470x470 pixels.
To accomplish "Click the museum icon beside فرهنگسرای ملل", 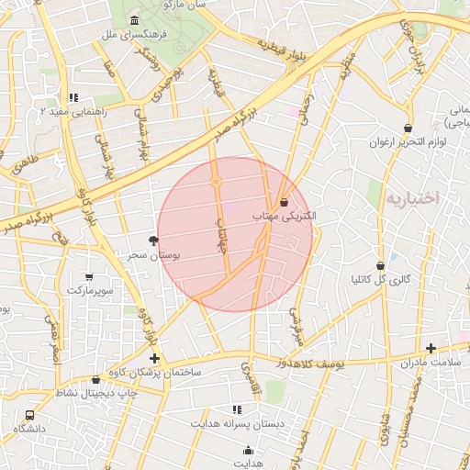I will click(x=135, y=20).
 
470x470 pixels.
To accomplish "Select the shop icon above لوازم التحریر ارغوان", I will click(x=407, y=128).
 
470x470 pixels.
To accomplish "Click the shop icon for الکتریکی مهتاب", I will click(x=283, y=202).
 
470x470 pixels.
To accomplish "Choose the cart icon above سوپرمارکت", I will click(x=88, y=276).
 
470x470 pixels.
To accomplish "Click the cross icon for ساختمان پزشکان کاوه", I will click(x=154, y=357).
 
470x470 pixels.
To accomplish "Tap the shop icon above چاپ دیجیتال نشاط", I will click(x=95, y=379).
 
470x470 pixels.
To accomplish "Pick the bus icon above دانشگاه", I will click(x=30, y=415).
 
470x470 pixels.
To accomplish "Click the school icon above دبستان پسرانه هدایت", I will click(x=237, y=409).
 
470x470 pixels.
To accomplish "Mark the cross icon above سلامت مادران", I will click(x=431, y=348).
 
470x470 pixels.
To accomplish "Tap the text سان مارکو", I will click(x=185, y=5).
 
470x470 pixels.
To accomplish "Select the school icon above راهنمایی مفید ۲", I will click(x=73, y=96).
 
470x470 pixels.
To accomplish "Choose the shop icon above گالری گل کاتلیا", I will click(x=380, y=265).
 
